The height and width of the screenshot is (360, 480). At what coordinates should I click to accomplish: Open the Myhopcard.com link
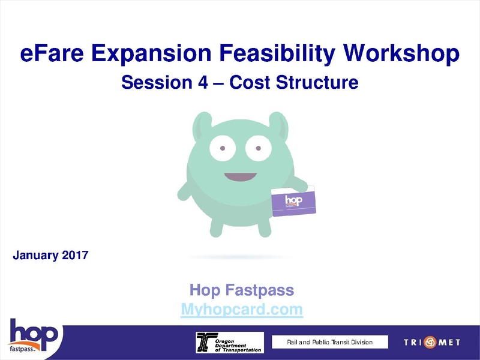click(242, 310)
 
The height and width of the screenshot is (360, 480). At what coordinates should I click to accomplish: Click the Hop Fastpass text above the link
click(242, 291)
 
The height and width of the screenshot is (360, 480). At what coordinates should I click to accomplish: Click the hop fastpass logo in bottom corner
click(32, 337)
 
